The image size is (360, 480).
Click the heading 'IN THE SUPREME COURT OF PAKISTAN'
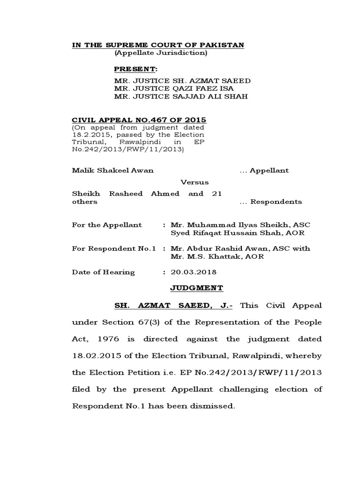coord(157,45)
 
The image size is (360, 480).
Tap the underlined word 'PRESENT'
coord(135,69)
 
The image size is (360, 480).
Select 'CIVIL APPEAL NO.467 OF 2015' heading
coord(139,120)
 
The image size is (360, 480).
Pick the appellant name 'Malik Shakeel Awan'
coord(112,170)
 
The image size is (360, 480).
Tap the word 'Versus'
coord(195,182)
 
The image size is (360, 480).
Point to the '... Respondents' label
coord(270,202)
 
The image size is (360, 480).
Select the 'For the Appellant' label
coord(107,225)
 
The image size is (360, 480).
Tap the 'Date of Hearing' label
coord(103,272)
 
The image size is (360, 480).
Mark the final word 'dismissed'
coord(211,405)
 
